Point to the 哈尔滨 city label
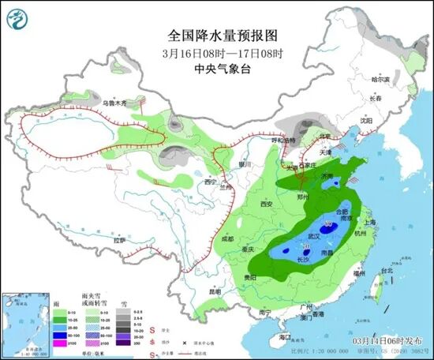382,79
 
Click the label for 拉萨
119,239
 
